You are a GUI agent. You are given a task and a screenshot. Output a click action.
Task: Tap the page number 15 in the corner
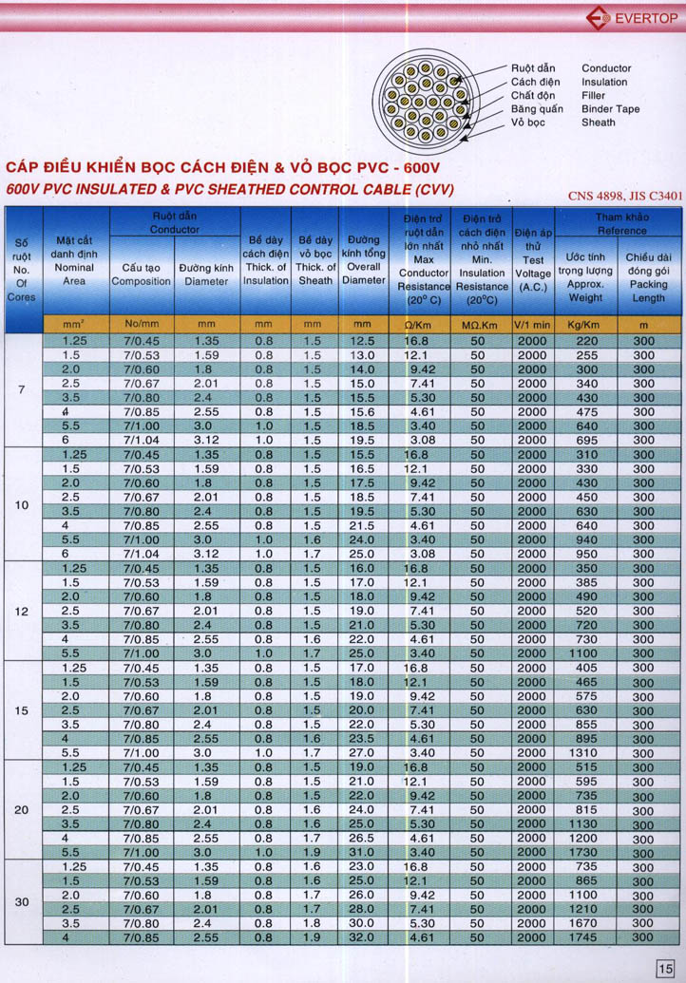coord(664,968)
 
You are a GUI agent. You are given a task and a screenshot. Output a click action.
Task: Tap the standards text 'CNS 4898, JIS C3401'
coord(625,197)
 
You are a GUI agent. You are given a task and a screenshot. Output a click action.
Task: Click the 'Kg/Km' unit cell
coord(585,324)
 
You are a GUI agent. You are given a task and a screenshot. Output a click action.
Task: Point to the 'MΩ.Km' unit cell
coord(481,324)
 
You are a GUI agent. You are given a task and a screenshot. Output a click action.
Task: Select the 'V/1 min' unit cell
coord(532,324)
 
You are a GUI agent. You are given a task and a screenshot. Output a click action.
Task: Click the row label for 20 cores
coord(23,810)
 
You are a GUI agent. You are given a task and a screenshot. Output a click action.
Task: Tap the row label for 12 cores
coord(23,612)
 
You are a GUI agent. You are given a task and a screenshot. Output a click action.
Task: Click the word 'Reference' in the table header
coord(622,231)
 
